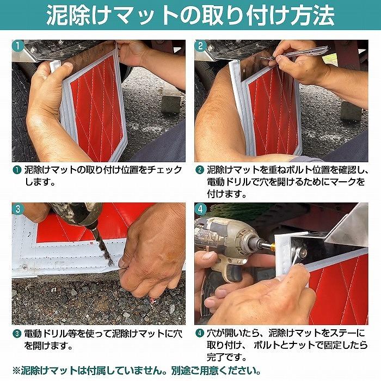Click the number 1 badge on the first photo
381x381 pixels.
coord(19,46)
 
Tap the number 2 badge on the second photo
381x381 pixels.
coord(201,46)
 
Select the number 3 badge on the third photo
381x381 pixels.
coord(19,209)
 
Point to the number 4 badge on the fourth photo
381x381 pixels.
coord(201,209)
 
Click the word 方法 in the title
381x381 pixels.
coord(314,16)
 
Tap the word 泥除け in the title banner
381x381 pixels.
coord(71,16)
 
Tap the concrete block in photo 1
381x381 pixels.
coord(171,100)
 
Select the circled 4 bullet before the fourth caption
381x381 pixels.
coord(200,333)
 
